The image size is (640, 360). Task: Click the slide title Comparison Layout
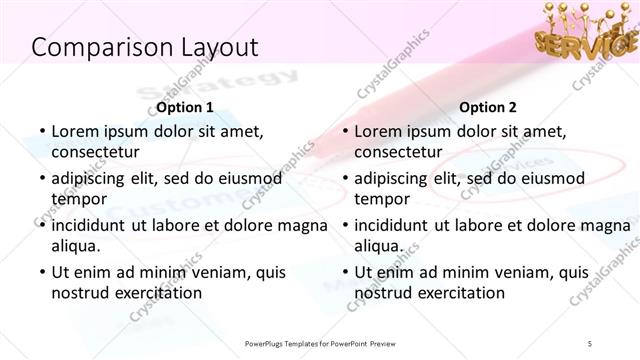pos(145,47)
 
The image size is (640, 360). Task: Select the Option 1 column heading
pos(185,106)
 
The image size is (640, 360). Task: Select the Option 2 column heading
pos(489,106)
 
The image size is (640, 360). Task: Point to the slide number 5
pos(591,343)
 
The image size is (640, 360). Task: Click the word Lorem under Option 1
pos(76,131)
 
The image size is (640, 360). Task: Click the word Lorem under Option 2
pos(379,131)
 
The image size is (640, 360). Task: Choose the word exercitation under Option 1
pos(154,293)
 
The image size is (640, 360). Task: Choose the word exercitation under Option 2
pos(457,293)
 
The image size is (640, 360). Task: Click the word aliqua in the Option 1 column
pos(75,246)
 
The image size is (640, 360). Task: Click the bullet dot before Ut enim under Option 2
pos(344,273)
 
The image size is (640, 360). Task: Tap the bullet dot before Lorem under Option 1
pos(41,132)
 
